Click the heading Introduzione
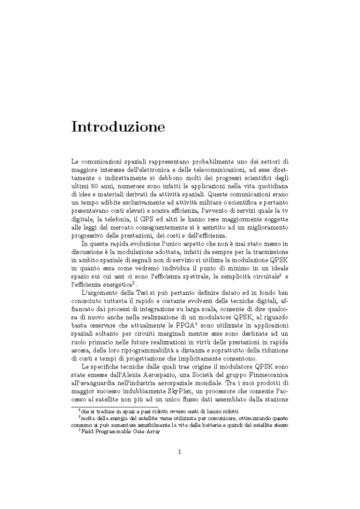118,127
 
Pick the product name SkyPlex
164,386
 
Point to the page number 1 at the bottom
179,452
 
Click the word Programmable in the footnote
110,432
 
